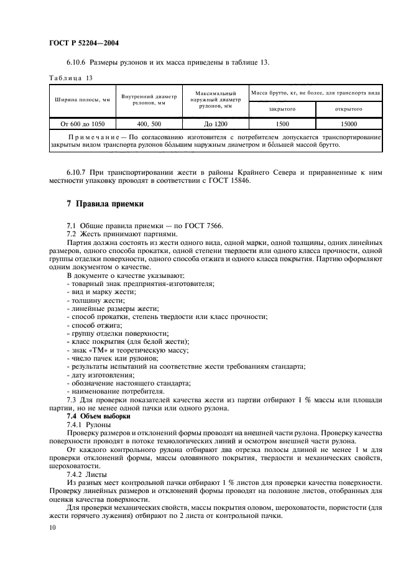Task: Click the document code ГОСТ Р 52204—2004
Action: pyautogui.click(x=83, y=44)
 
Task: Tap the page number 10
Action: pyautogui.click(x=52, y=527)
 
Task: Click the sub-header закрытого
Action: pyautogui.click(x=281, y=109)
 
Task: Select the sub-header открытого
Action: pyautogui.click(x=348, y=109)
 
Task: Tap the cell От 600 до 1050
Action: pyautogui.click(x=82, y=124)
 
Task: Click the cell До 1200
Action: pyautogui.click(x=213, y=124)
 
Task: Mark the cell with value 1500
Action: pyautogui.click(x=281, y=124)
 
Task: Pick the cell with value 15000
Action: pyautogui.click(x=348, y=124)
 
